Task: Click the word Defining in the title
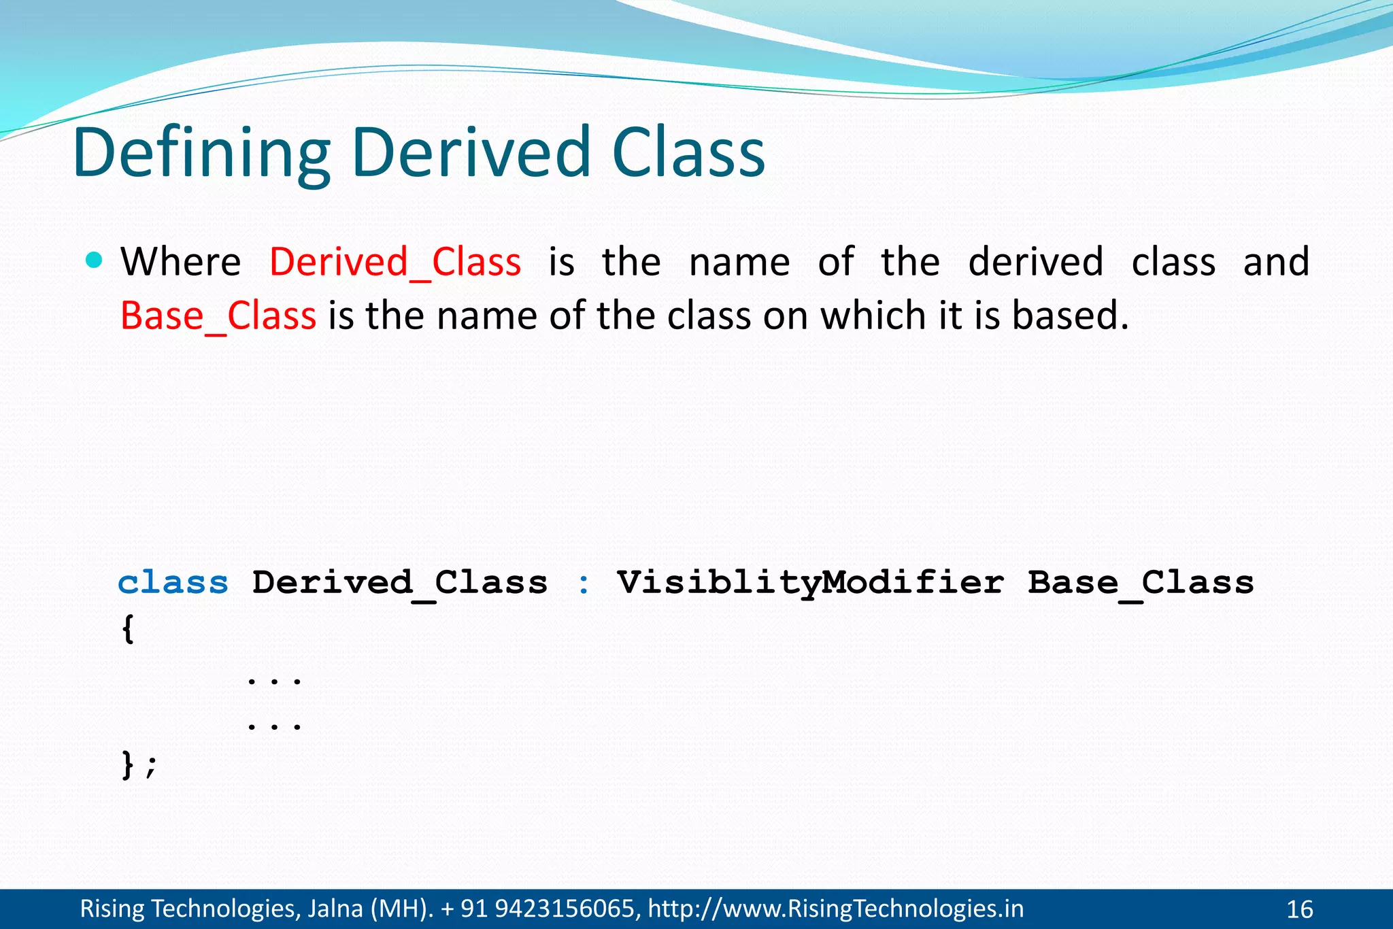click(x=201, y=154)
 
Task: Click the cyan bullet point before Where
click(x=95, y=260)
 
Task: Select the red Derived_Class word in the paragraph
click(x=395, y=263)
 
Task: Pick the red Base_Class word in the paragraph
click(x=218, y=316)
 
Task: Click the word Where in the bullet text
click(x=181, y=263)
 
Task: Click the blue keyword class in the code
click(x=173, y=583)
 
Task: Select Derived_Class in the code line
click(x=400, y=583)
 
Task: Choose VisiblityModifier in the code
click(x=810, y=583)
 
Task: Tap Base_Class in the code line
click(x=1141, y=583)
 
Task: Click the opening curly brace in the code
click(x=128, y=629)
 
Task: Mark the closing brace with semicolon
click(x=139, y=765)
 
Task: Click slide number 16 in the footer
click(x=1299, y=909)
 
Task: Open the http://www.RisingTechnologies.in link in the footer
click(x=835, y=909)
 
